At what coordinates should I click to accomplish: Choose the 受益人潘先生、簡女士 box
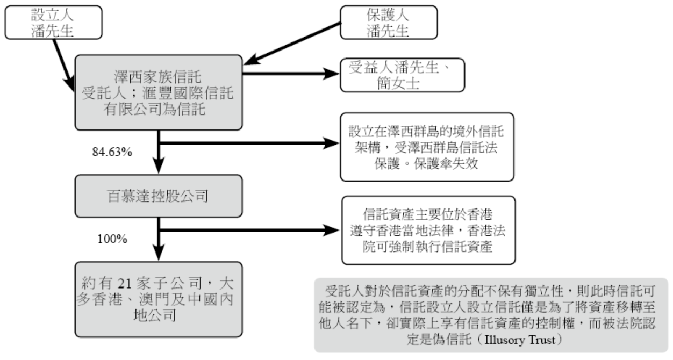click(x=402, y=75)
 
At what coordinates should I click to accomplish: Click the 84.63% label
click(x=112, y=152)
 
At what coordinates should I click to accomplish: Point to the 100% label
click(x=112, y=239)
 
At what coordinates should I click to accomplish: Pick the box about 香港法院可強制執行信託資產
click(x=428, y=230)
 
